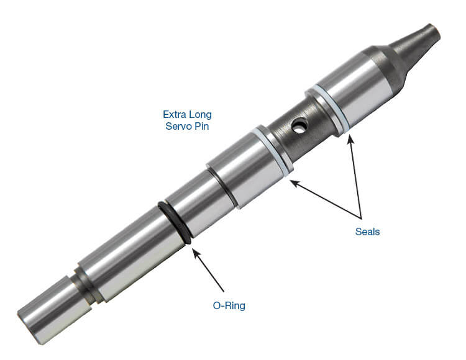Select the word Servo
pos(178,126)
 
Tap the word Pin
pos(202,126)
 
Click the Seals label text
pos(367,232)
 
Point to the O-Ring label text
pos(229,305)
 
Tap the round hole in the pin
pos(298,125)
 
